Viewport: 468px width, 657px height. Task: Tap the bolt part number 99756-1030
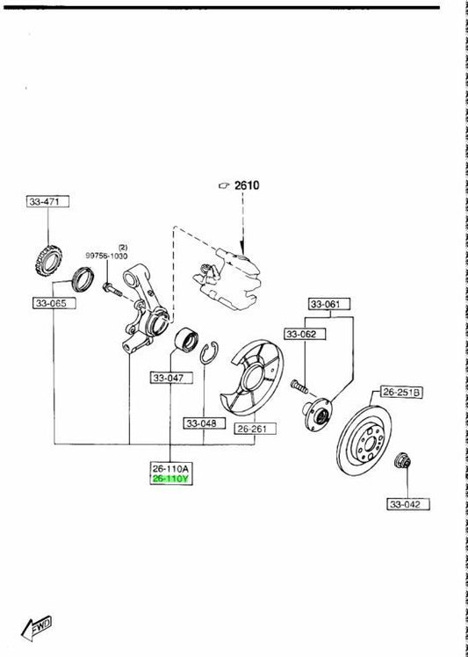[x=106, y=256]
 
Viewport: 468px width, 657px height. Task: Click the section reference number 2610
[x=247, y=184]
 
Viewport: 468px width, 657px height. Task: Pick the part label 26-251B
[x=401, y=393]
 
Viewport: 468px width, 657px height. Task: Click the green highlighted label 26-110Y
[x=171, y=479]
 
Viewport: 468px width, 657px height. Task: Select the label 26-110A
[x=171, y=468]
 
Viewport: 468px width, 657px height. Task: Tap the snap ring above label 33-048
[x=209, y=353]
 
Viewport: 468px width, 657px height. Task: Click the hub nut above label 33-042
[x=403, y=461]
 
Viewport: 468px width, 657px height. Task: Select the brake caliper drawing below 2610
[x=227, y=278]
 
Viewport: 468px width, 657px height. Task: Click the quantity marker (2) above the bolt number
[x=123, y=248]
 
